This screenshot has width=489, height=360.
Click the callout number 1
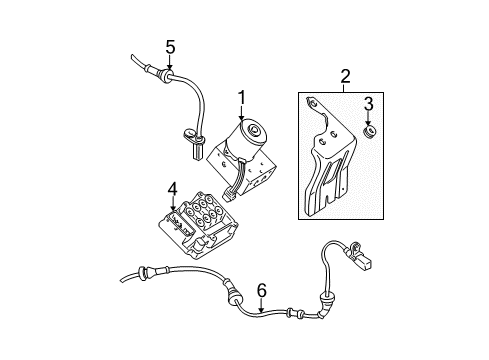[x=241, y=97]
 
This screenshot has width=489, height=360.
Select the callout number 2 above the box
[x=345, y=75]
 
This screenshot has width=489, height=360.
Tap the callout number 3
[x=368, y=103]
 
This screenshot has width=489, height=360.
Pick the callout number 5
[x=170, y=46]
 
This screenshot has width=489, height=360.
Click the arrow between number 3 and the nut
[x=368, y=117]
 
